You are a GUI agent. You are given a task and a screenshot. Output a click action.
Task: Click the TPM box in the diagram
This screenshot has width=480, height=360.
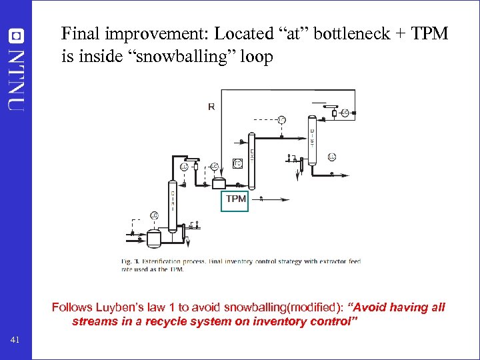pos(235,199)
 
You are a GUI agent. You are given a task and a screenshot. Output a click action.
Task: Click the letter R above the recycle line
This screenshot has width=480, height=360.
pos(211,106)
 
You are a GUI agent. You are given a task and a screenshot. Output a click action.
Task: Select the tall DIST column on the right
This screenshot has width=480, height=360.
pos(311,141)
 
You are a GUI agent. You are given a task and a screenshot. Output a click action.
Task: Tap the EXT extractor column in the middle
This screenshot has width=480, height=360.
pos(252,160)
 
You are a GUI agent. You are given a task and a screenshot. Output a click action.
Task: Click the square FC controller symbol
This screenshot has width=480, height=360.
pos(237,163)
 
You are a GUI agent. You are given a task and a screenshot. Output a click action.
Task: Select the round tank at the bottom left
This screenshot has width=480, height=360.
pos(154,236)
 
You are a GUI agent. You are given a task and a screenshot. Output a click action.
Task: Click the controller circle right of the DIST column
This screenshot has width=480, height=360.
pos(332,157)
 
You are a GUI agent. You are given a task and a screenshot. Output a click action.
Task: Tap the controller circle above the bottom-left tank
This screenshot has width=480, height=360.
pos(153,215)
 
